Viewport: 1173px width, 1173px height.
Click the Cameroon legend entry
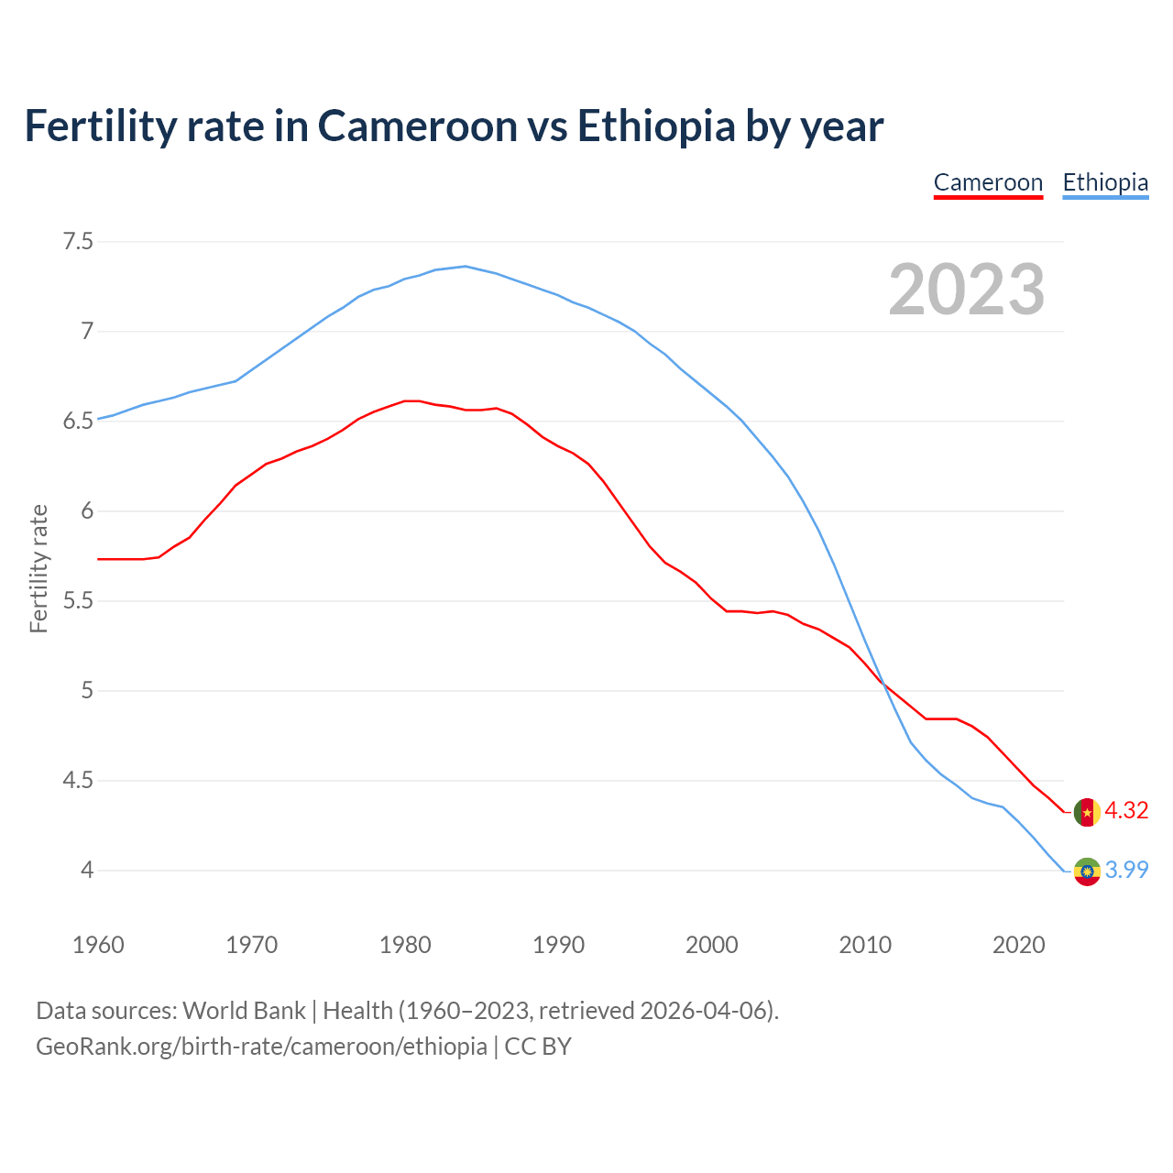(988, 182)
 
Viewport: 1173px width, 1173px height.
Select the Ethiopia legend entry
(1105, 182)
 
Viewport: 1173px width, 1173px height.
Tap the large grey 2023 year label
(967, 290)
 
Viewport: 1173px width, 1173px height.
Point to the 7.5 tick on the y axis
(78, 242)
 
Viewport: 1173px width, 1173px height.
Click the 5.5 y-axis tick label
(78, 601)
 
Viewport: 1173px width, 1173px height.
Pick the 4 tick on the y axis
(87, 870)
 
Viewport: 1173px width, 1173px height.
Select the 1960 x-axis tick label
(98, 945)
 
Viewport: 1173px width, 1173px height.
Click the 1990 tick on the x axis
(558, 945)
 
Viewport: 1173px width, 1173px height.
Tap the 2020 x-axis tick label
(1018, 945)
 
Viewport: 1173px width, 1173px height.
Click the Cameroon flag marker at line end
(1087, 812)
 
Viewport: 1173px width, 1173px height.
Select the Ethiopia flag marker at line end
(1087, 871)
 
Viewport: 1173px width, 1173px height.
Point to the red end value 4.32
(1126, 811)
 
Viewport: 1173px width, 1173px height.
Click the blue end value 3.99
(1126, 870)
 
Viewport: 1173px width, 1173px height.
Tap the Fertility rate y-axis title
(38, 568)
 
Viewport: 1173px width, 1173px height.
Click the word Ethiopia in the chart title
(655, 126)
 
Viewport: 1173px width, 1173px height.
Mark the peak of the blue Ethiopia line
(466, 266)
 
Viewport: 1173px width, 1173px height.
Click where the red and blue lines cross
(882, 681)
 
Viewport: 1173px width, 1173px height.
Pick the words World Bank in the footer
(244, 1011)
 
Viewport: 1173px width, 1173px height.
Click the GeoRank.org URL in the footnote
(261, 1047)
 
